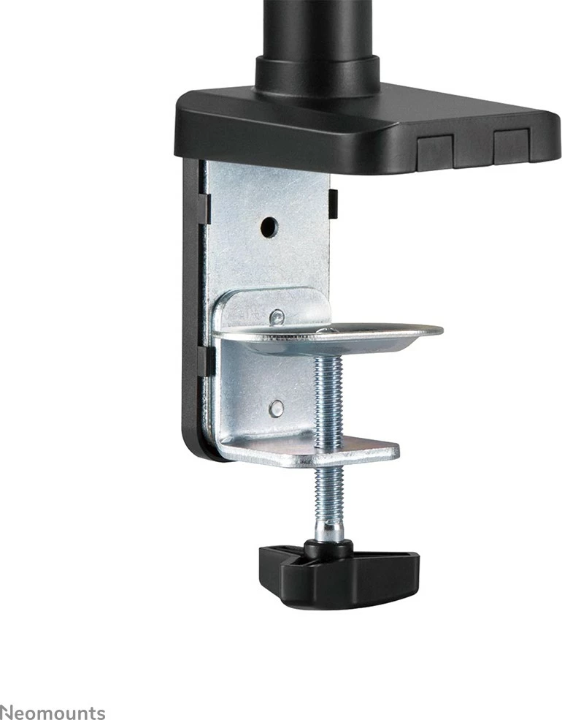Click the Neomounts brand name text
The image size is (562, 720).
coord(53,713)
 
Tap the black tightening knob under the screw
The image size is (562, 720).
coord(339,574)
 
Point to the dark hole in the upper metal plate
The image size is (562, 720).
coord(269,227)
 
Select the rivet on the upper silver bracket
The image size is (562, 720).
coord(277,317)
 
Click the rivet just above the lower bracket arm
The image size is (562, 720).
coord(276,409)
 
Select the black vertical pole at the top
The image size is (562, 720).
coord(317,29)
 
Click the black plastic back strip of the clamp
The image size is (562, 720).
coord(192,307)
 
